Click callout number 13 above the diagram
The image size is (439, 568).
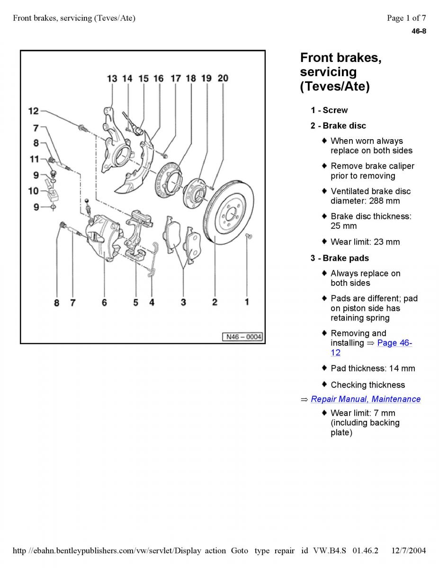(x=112, y=79)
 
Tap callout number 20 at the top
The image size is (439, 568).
(x=223, y=78)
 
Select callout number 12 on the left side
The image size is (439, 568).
(x=34, y=111)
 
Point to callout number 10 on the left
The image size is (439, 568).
(x=34, y=191)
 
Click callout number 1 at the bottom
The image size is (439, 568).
(x=247, y=302)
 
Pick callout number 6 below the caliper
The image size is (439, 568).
(x=104, y=302)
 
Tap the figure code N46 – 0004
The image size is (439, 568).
(x=243, y=337)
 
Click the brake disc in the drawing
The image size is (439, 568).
(x=229, y=212)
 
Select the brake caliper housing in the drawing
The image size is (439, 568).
(x=103, y=237)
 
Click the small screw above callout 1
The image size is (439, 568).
(x=249, y=237)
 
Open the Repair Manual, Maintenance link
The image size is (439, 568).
(x=366, y=399)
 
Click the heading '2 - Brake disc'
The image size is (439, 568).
(x=338, y=126)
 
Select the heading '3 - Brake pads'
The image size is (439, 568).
(x=340, y=258)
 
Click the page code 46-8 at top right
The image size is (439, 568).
(x=419, y=31)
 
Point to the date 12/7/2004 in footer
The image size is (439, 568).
(x=409, y=550)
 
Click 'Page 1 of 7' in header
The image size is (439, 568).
(x=406, y=18)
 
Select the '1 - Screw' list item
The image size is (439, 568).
(x=329, y=110)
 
